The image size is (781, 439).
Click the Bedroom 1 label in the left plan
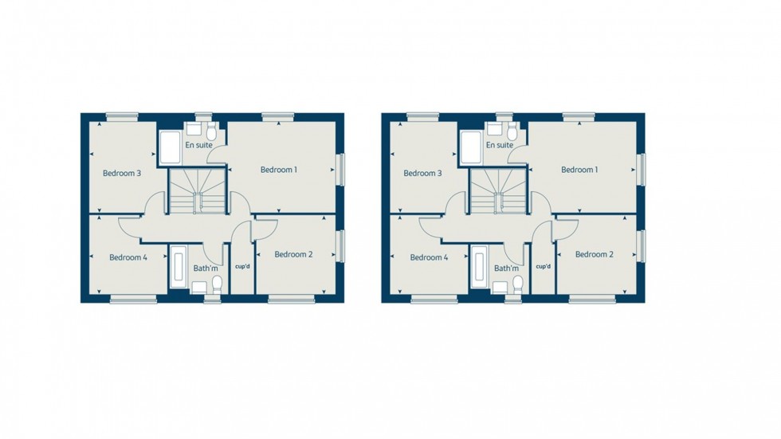click(x=279, y=170)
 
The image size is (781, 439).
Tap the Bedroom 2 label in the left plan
click(x=292, y=255)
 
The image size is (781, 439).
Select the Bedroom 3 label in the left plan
click(x=122, y=173)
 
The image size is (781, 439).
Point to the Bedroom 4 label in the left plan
click(x=128, y=257)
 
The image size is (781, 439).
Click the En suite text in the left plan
click(x=198, y=146)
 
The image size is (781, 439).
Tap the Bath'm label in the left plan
click(x=205, y=268)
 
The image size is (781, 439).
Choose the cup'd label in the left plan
click(x=243, y=267)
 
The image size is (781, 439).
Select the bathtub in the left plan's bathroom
click(x=178, y=268)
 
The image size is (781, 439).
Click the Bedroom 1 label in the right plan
click(x=579, y=170)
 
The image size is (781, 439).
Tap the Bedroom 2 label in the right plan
click(x=594, y=255)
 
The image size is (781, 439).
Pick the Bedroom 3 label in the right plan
click(x=422, y=173)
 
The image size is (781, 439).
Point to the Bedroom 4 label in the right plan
click(x=429, y=257)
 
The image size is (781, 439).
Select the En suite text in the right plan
click(x=499, y=146)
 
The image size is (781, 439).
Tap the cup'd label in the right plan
click(x=544, y=267)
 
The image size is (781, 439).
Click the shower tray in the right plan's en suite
click(x=470, y=147)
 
